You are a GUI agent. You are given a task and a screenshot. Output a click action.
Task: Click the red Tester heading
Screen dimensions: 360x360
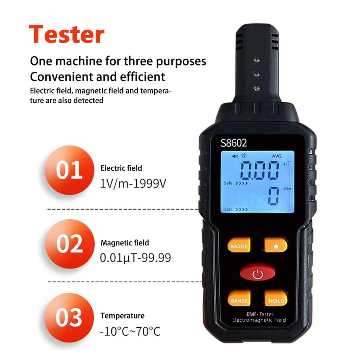click(x=66, y=34)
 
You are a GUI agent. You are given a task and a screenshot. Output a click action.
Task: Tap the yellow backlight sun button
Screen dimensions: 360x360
click(x=276, y=246)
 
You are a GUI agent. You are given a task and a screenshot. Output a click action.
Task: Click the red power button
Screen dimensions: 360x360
click(x=257, y=273)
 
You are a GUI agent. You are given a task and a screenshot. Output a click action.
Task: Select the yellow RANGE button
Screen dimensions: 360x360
click(x=239, y=301)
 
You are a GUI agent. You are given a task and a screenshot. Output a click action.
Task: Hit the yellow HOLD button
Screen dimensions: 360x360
click(x=276, y=301)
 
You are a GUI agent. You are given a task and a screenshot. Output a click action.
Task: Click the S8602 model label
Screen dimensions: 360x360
click(x=234, y=143)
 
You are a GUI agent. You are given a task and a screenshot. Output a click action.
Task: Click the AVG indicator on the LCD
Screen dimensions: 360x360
click(x=277, y=156)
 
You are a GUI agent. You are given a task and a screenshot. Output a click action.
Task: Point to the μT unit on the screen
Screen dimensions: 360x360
click(x=287, y=163)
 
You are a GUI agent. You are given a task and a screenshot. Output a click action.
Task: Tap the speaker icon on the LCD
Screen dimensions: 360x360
click(x=235, y=156)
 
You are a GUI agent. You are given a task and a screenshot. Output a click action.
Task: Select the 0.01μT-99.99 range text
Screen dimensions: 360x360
click(x=136, y=258)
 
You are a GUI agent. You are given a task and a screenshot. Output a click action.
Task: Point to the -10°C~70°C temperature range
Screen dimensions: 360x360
click(x=130, y=331)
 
